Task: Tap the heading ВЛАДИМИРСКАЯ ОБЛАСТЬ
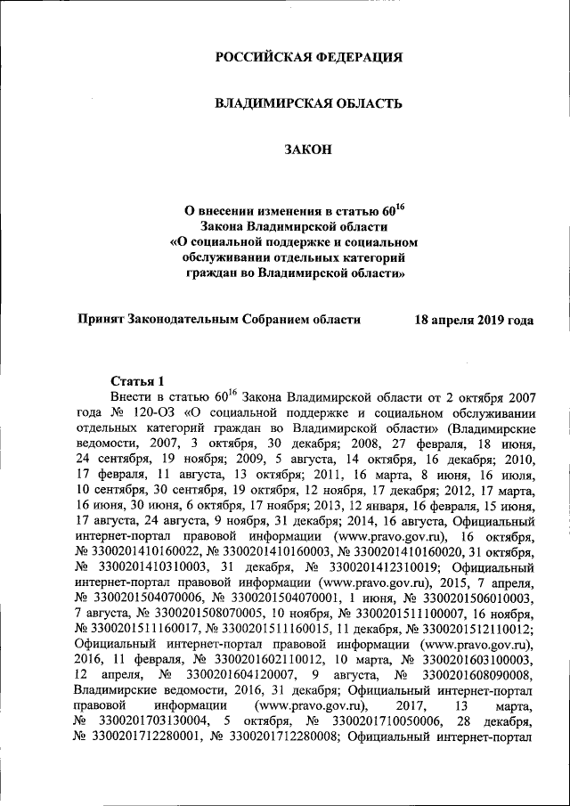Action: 309,104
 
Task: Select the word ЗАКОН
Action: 309,151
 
